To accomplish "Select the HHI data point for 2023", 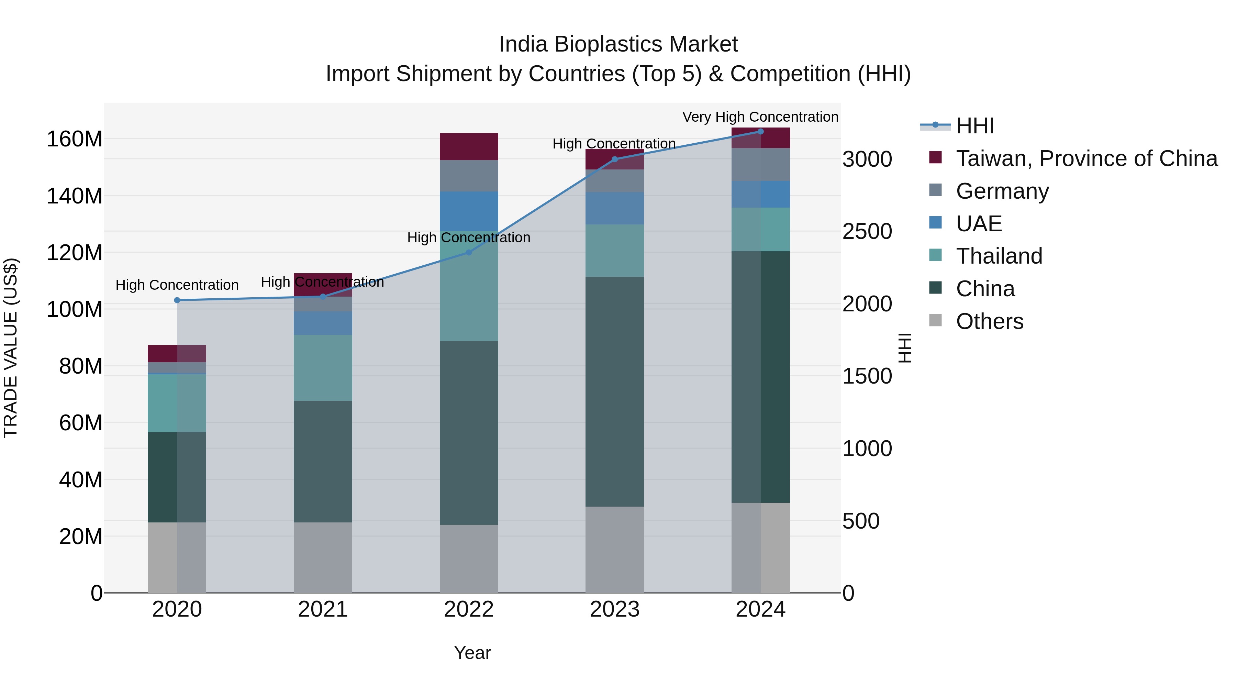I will click(615, 159).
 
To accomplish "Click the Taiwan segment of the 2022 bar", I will click(469, 146).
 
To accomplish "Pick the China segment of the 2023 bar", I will click(615, 391).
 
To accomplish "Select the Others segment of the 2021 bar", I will click(323, 557).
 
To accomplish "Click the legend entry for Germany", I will click(1002, 191).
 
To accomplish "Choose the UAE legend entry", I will click(979, 224).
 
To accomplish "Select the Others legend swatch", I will click(935, 320).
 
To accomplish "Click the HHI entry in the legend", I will click(975, 126).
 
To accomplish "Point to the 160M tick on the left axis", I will click(75, 139).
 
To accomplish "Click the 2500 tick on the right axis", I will click(867, 232).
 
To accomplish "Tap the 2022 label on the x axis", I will click(469, 609).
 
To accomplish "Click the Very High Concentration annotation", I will click(760, 117).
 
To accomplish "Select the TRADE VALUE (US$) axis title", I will click(11, 348).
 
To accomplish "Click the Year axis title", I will click(472, 653).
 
